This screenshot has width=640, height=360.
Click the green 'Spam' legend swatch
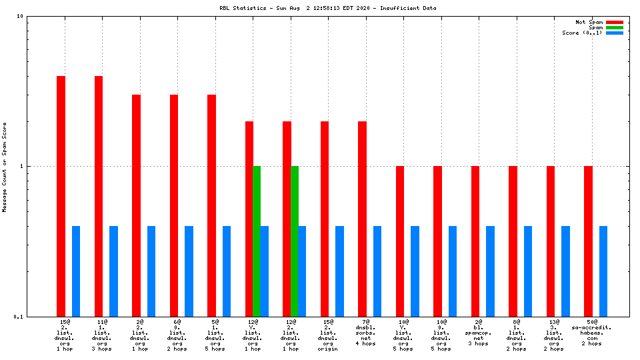[615, 27]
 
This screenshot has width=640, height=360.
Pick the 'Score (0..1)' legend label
[582, 33]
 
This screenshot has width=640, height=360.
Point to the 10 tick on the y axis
[20, 16]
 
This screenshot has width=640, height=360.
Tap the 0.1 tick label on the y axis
[19, 317]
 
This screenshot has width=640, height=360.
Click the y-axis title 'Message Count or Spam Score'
[5, 167]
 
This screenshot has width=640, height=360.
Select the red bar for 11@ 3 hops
[99, 196]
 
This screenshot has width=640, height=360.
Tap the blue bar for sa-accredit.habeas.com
[603, 271]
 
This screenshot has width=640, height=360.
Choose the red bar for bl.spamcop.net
[475, 241]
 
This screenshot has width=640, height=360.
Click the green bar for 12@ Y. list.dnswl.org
[257, 241]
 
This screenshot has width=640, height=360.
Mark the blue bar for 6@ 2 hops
[189, 271]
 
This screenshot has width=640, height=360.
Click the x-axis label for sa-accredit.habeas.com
[591, 333]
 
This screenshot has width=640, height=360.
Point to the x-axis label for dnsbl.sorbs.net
[366, 333]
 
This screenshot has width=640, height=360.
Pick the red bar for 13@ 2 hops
[551, 241]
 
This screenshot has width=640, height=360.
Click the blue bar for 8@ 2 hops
[528, 271]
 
